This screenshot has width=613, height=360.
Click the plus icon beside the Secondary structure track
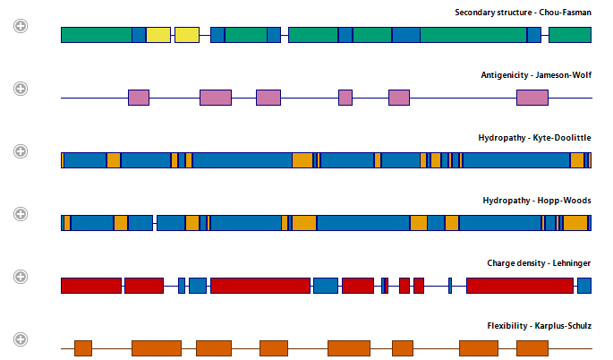21,26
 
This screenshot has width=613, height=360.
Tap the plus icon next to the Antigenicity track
21,89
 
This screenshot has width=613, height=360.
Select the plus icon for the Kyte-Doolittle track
21,151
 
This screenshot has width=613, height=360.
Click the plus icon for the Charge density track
21,277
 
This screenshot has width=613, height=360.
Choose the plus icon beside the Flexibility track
21,339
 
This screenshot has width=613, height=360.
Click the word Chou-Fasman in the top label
565,13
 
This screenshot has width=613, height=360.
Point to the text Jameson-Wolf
564,75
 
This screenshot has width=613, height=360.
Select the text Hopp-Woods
564,201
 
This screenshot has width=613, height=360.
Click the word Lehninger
572,263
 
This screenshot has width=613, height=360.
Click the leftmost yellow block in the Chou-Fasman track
158,35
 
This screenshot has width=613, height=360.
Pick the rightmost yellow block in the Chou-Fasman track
187,35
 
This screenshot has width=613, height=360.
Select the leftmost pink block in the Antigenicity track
139,98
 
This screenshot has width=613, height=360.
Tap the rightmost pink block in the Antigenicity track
532,98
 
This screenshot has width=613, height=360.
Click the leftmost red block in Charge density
91,286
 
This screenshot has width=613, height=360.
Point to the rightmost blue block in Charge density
584,286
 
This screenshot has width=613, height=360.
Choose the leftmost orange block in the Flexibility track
83,348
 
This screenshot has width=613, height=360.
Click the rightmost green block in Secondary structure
570,35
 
